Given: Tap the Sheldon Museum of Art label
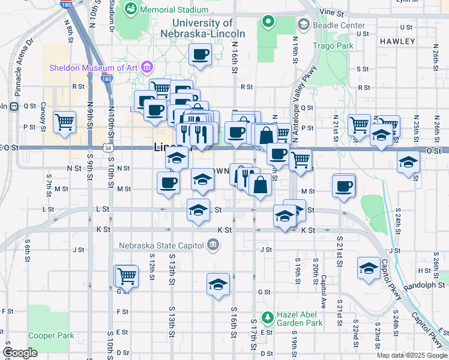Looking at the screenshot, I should coord(94,68).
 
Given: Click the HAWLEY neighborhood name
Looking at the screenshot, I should coord(397,41).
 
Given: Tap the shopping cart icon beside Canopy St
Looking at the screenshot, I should coord(65,122).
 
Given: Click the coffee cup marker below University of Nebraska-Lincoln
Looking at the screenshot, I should coord(200,55).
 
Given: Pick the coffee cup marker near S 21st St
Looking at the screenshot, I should coord(344,185).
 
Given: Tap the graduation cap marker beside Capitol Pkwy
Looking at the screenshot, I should coord(369,268).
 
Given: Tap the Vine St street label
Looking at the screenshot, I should coord(331,12).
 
